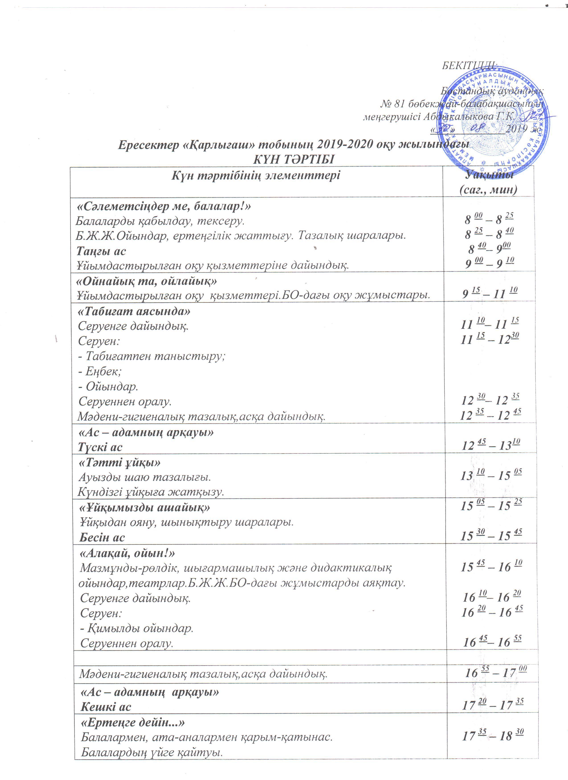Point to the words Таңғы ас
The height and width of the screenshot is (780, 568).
click(101, 251)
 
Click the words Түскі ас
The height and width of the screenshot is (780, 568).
click(100, 447)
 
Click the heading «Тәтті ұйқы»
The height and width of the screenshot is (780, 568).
click(120, 463)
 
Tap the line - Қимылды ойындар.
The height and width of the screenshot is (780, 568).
click(137, 628)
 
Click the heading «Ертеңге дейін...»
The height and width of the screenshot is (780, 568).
click(133, 723)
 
